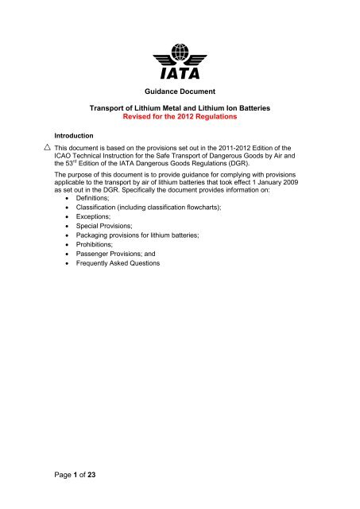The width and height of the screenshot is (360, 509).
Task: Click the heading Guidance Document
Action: [180, 92]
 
